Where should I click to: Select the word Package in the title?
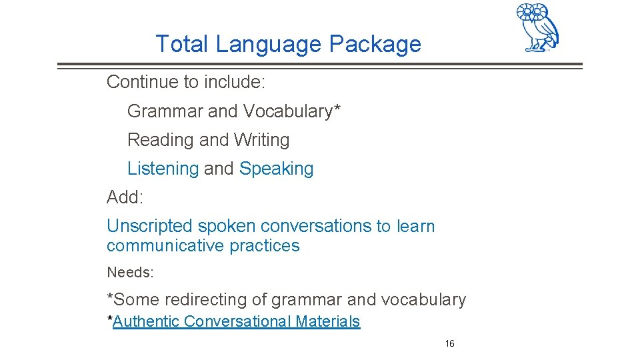pyautogui.click(x=375, y=45)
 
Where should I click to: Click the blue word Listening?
pyautogui.click(x=163, y=169)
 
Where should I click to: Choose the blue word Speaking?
pyautogui.click(x=276, y=169)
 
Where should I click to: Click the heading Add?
pyautogui.click(x=125, y=197)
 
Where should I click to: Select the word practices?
pyautogui.click(x=265, y=246)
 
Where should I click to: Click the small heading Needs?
pyautogui.click(x=130, y=272)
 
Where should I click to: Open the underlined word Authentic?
pyautogui.click(x=146, y=321)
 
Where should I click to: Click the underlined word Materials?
pyautogui.click(x=328, y=321)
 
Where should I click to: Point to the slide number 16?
pyautogui.click(x=450, y=344)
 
